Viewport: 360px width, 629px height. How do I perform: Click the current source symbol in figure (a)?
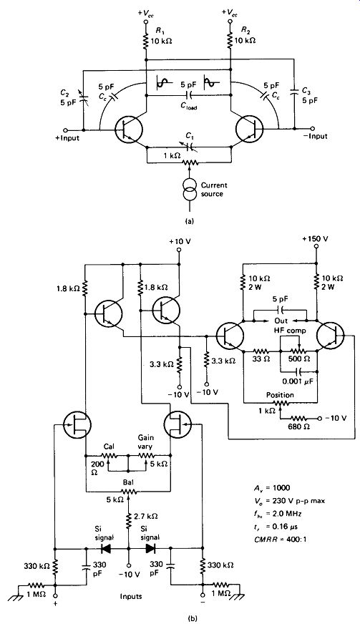pos(189,190)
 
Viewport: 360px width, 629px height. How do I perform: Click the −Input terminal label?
pos(316,136)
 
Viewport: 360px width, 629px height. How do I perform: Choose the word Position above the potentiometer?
pos(280,395)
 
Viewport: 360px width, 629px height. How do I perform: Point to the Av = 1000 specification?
pos(270,488)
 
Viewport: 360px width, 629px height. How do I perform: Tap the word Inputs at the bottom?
pos(131,596)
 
